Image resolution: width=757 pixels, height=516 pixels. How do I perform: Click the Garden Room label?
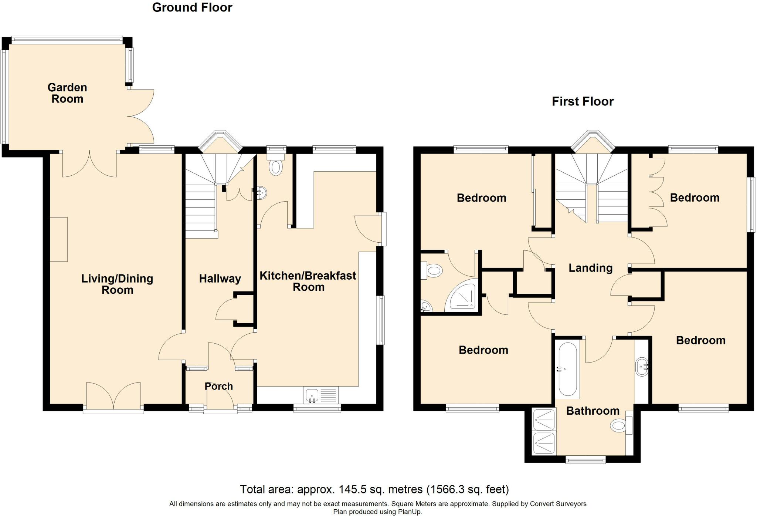coord(67,93)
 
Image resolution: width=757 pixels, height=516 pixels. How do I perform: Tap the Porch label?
coord(219,386)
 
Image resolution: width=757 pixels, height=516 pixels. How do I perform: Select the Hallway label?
coord(220,279)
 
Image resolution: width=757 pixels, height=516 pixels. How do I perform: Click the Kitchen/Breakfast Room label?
coord(308,281)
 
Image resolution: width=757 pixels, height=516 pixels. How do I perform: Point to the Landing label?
coord(590,268)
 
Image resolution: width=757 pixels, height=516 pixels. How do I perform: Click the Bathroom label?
coord(593,411)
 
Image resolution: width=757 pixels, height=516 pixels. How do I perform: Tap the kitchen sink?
coord(321,395)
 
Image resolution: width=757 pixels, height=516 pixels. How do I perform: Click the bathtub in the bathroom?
coord(568,369)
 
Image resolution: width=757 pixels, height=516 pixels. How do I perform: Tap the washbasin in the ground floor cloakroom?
coord(261,193)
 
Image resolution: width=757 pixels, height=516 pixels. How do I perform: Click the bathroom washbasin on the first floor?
coord(642,367)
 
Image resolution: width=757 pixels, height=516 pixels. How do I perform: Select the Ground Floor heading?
coord(192,7)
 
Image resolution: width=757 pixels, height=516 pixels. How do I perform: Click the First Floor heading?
coord(583,101)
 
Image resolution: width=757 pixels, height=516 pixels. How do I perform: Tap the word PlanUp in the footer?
coord(409,512)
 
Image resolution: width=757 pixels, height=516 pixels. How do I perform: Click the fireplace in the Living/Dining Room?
coord(59,239)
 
